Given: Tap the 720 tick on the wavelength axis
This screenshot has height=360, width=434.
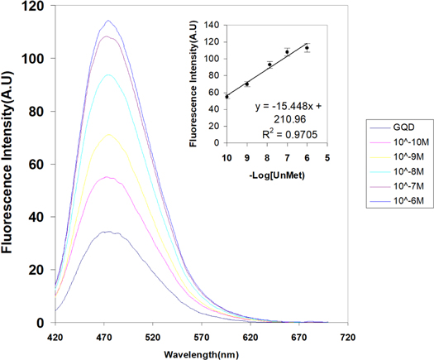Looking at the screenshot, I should [347, 337].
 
